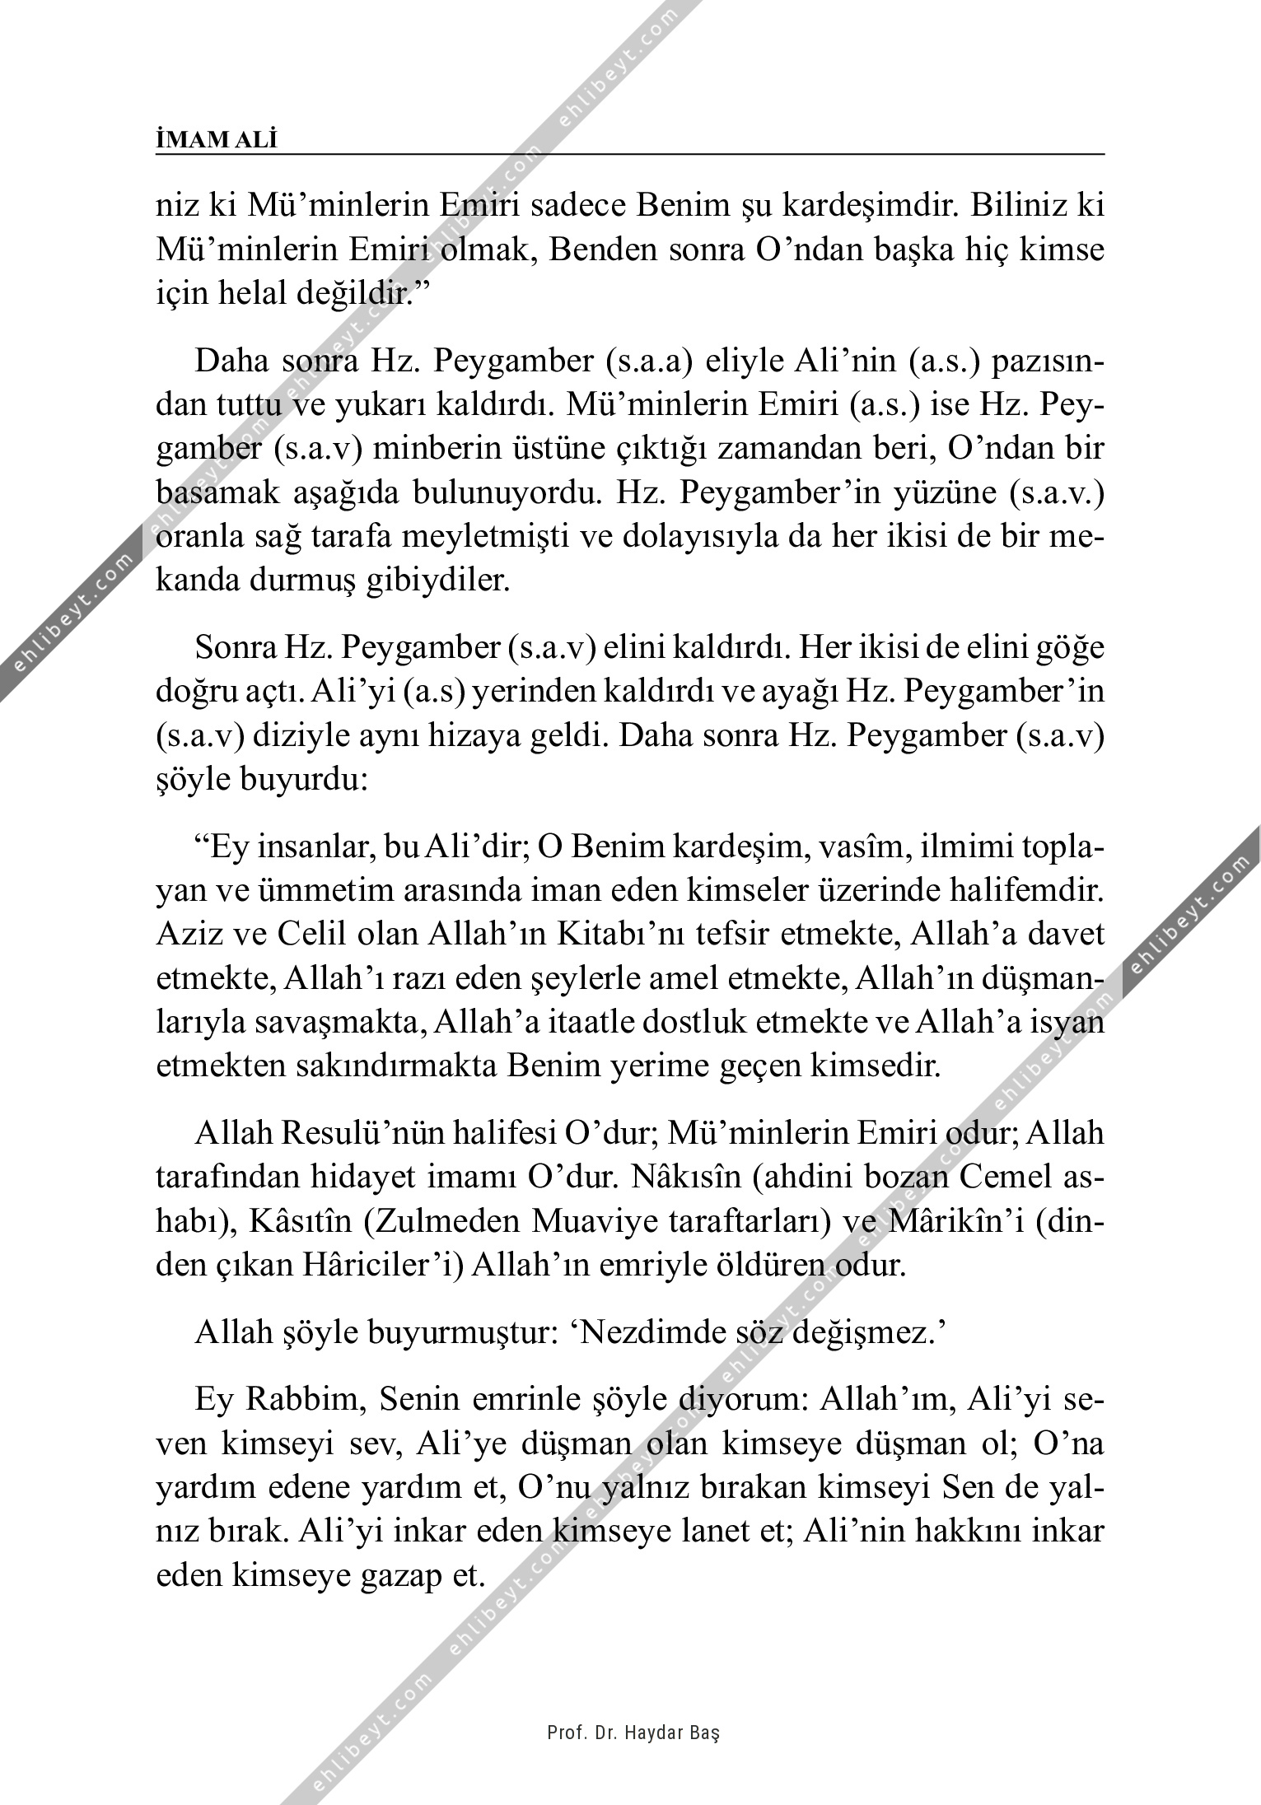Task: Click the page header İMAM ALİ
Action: [217, 140]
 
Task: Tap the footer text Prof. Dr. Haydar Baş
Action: [633, 1733]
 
